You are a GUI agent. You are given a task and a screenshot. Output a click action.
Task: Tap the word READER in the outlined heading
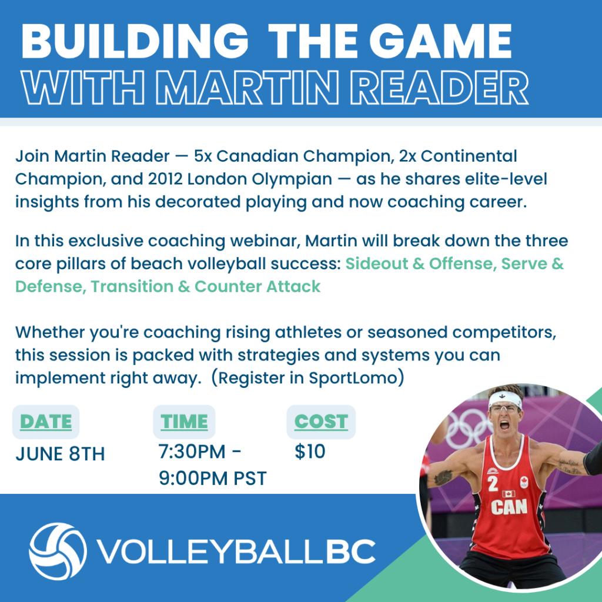(x=439, y=88)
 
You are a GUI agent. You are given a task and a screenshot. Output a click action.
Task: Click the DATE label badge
(x=46, y=422)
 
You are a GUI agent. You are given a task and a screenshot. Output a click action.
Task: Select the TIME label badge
(x=184, y=422)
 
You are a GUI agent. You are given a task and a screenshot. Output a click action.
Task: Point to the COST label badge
(x=321, y=422)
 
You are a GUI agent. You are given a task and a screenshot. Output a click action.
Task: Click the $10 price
(x=310, y=451)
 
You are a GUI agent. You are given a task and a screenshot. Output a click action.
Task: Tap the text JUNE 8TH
(x=60, y=454)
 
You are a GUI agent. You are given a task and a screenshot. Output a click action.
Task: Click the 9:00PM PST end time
(x=213, y=479)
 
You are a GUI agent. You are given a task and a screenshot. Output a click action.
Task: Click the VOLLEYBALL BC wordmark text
(x=236, y=551)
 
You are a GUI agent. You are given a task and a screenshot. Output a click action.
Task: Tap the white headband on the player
(x=504, y=399)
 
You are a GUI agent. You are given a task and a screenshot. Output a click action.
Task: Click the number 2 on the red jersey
(x=493, y=484)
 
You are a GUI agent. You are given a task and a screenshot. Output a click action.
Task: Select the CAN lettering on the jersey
(x=509, y=507)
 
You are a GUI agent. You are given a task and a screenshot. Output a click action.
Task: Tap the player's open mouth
(x=504, y=425)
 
